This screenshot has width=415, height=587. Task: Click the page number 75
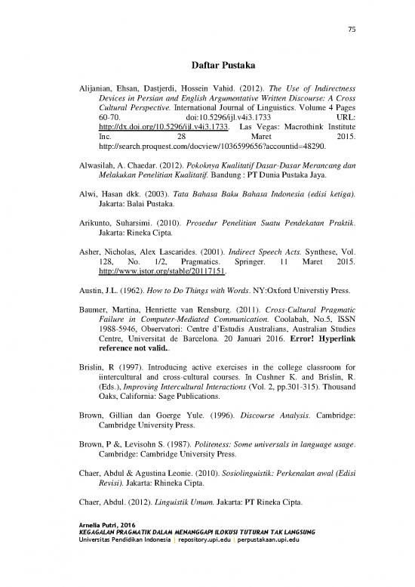(x=351, y=29)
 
